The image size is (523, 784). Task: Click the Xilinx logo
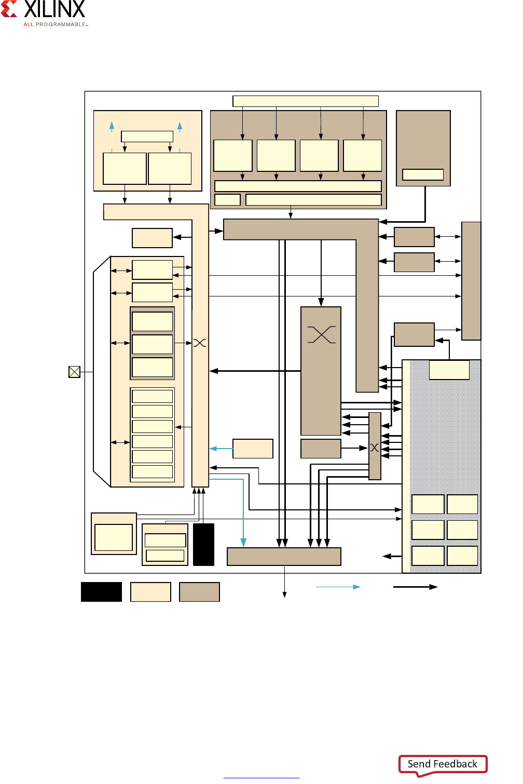pos(43,9)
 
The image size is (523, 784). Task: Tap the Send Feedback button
pos(443,764)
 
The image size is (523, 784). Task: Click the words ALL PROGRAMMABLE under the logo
pos(56,24)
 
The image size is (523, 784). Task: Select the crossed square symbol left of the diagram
pos(75,372)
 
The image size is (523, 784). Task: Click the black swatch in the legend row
pos(102,592)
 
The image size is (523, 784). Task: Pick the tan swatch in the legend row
pos(199,592)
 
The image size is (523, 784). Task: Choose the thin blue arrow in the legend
pos(338,587)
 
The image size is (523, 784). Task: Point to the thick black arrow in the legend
pos(415,587)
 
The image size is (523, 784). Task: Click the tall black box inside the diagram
pos(203,544)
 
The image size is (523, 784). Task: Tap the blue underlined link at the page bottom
pos(261,778)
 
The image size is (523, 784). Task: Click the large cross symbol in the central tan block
pos(322,334)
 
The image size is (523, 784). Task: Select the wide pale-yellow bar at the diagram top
pos(306,101)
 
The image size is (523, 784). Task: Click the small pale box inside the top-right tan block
pos(423,174)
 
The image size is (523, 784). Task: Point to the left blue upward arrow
pos(112,127)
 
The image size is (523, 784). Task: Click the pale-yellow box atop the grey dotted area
pos(449,370)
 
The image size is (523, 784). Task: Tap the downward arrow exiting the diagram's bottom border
pos(284,582)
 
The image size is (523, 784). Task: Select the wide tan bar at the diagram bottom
pos(284,557)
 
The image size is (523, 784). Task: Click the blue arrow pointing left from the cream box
pos(221,449)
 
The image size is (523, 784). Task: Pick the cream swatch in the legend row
pos(151,592)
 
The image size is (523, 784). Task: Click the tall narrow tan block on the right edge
pos(471,281)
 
